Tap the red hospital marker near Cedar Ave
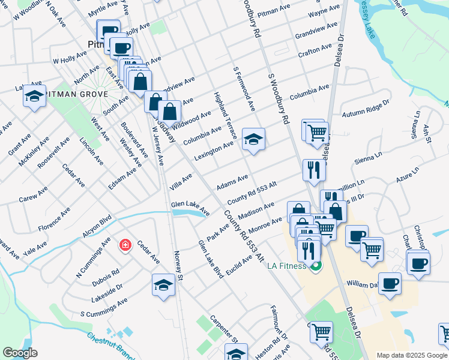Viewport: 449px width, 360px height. pyautogui.click(x=125, y=245)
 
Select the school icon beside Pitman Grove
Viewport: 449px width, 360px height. pyautogui.click(x=35, y=96)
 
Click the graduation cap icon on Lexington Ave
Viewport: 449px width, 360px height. pyautogui.click(x=253, y=140)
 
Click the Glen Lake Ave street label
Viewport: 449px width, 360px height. pyautogui.click(x=190, y=208)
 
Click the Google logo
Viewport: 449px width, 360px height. pyautogui.click(x=20, y=353)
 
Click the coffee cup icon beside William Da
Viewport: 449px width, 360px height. pyautogui.click(x=390, y=283)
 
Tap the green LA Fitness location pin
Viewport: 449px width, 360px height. pyautogui.click(x=316, y=265)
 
